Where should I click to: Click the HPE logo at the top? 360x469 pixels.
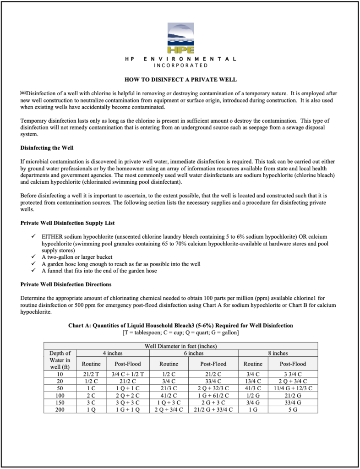pyautogui.click(x=180, y=38)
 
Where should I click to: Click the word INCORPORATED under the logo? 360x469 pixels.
pyautogui.click(x=180, y=65)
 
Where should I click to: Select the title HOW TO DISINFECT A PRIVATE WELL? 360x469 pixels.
pyautogui.click(x=180, y=80)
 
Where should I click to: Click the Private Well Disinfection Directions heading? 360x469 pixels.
pyautogui.click(x=65, y=284)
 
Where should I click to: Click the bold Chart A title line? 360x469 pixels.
pyautogui.click(x=180, y=326)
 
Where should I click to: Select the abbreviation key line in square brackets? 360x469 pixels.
pyautogui.click(x=180, y=332)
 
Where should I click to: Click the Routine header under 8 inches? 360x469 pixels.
pyautogui.click(x=253, y=364)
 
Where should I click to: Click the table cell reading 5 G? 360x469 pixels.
pyautogui.click(x=292, y=409)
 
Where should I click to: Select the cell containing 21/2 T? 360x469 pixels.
pyautogui.click(x=91, y=374)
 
